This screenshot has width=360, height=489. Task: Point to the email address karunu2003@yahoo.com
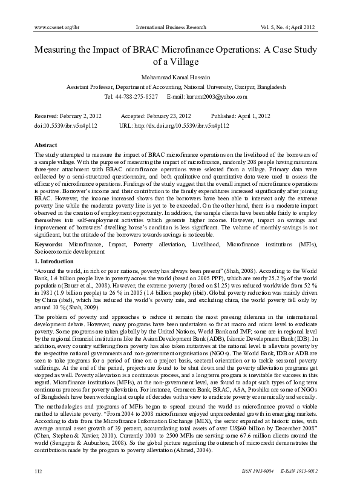[x=217, y=97]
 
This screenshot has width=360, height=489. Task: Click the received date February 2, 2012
[x=80, y=115]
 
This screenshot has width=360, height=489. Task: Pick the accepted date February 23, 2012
[x=166, y=115]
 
